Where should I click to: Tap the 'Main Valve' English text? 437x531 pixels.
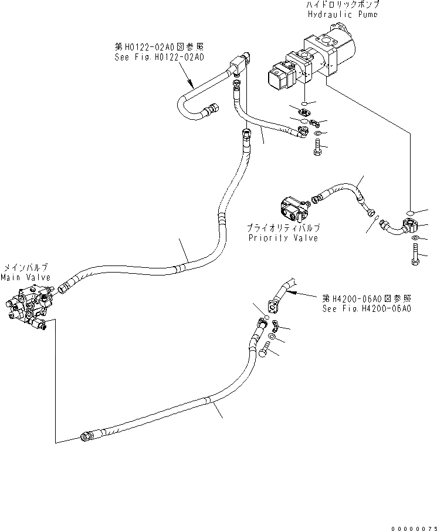(25, 277)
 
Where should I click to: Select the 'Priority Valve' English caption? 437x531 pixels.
(283, 238)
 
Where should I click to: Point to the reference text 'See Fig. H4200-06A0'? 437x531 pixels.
(366, 308)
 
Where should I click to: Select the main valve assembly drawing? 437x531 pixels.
(29, 305)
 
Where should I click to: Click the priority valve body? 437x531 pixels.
(293, 209)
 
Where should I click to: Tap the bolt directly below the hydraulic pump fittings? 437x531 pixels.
(317, 149)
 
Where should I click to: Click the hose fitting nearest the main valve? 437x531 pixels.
(64, 287)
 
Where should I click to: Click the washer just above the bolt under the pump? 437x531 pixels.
(317, 135)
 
